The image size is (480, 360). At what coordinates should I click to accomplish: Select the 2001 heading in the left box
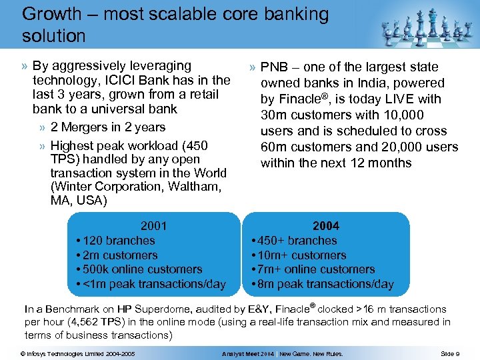[x=154, y=226]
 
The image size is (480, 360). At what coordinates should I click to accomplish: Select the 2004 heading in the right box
[x=326, y=226]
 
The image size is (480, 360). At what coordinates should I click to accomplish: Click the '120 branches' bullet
[x=118, y=241]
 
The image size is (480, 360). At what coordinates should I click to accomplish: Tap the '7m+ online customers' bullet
[x=315, y=269]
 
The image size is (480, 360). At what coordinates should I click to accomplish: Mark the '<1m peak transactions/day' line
[x=153, y=285]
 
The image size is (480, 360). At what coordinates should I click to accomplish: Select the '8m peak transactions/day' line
[x=325, y=285]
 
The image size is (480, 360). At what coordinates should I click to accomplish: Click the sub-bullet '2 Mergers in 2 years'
[x=107, y=127]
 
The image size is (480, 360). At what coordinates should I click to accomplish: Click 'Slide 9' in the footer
[x=450, y=353]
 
